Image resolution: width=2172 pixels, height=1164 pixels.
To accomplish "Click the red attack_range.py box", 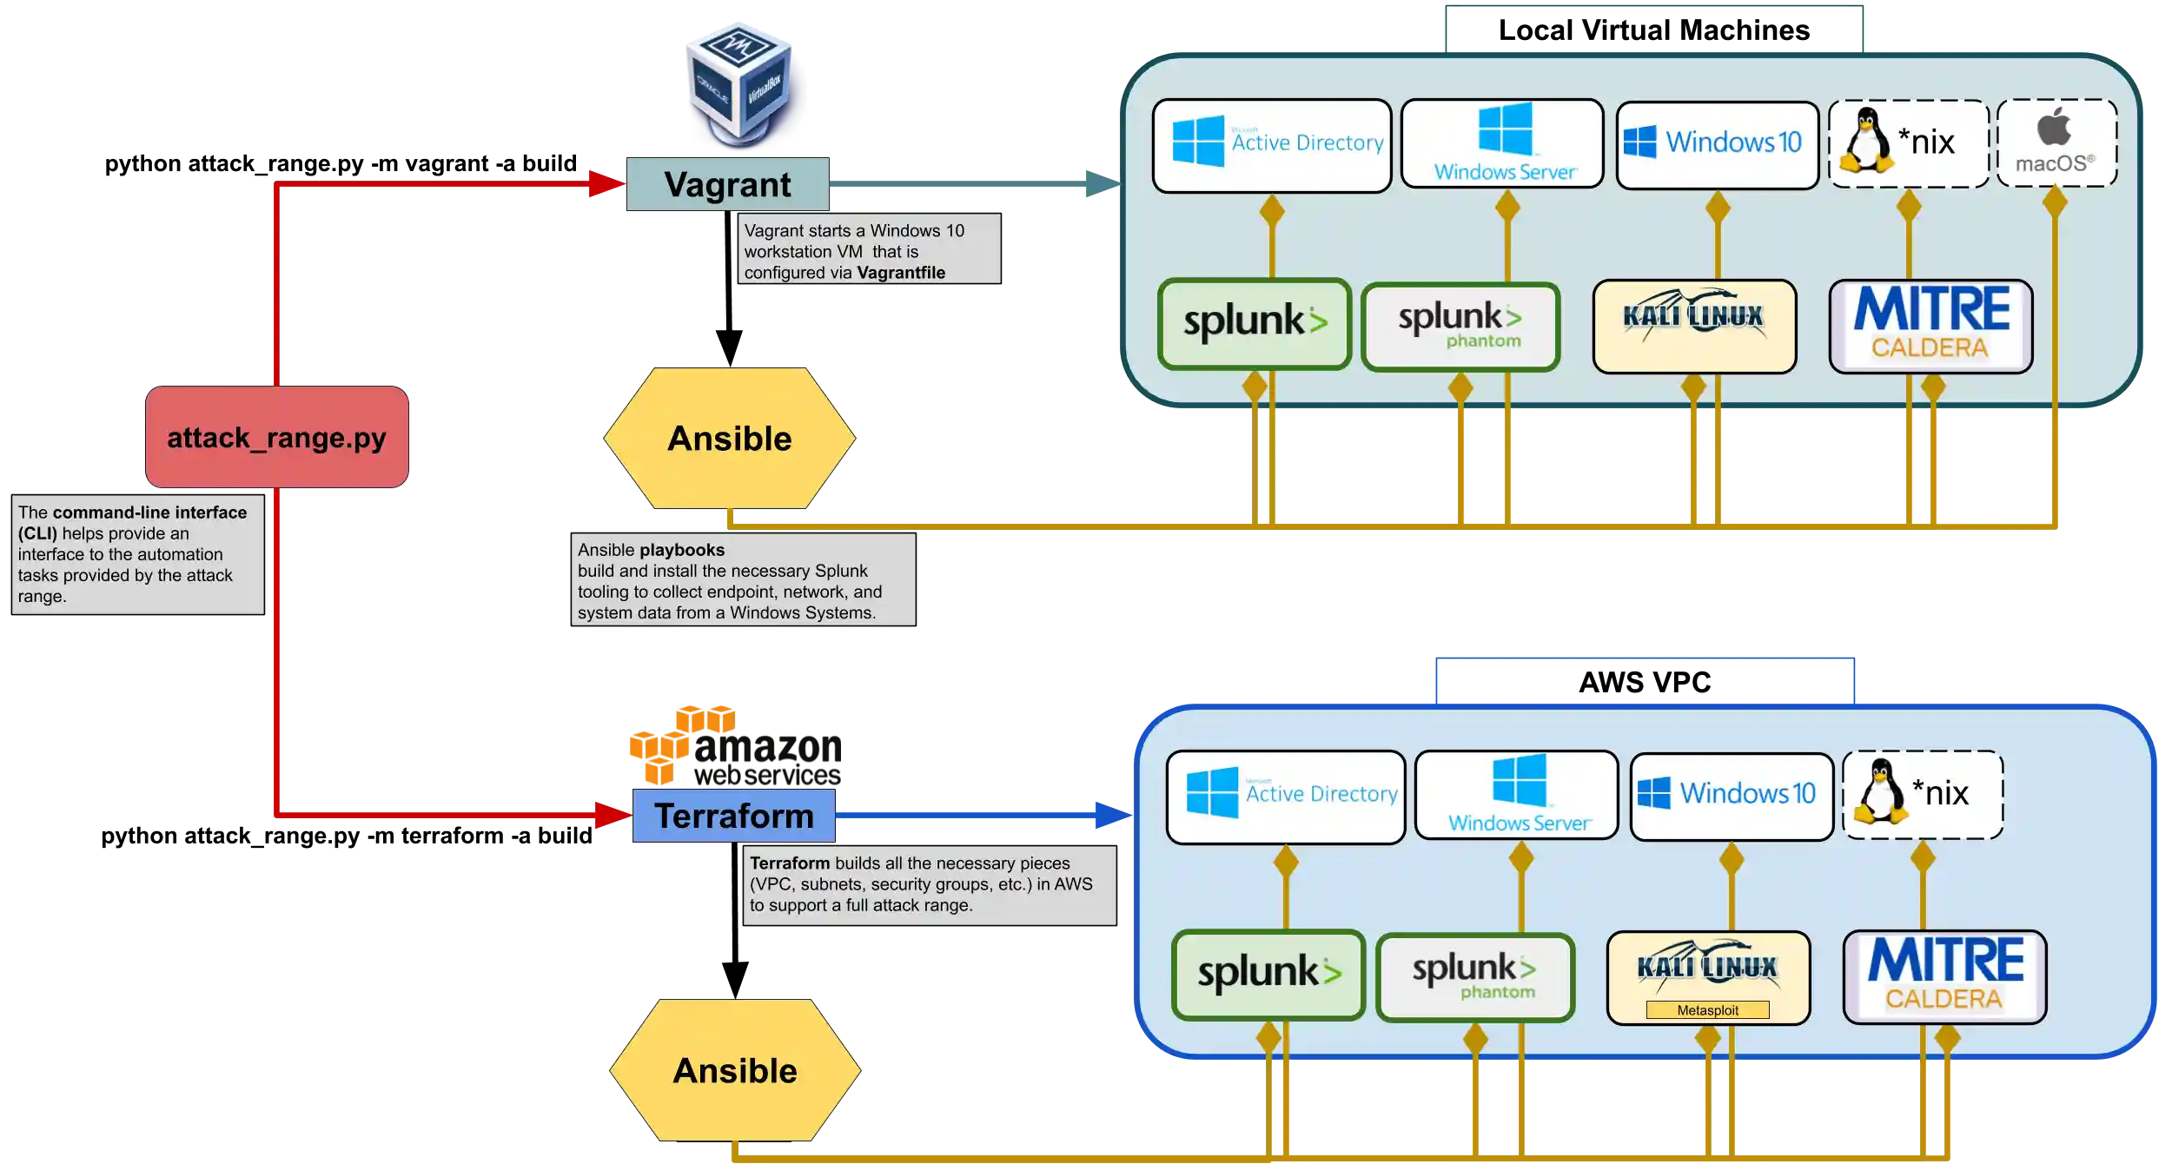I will [277, 437].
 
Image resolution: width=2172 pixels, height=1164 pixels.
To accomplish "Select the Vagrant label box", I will [728, 184].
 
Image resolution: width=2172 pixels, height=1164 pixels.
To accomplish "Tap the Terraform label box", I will [734, 816].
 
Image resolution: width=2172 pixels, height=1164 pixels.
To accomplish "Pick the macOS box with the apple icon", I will [2056, 143].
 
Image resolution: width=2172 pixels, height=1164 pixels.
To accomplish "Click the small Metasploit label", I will [1707, 1010].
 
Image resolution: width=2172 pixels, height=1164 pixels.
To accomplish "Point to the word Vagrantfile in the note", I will [901, 273].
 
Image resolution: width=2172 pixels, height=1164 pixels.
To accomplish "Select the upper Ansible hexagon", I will [730, 439].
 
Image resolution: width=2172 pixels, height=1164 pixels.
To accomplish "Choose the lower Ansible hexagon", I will [735, 1070].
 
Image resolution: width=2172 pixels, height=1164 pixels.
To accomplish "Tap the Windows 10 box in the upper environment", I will [1718, 144].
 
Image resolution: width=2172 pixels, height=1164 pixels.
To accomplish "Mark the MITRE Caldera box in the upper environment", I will [1930, 327].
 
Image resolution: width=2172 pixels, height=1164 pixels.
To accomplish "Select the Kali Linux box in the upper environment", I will [1694, 327].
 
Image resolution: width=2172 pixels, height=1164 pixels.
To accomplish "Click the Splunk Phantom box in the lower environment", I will [1475, 977].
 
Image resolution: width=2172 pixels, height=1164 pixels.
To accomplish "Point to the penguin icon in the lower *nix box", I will [1879, 791].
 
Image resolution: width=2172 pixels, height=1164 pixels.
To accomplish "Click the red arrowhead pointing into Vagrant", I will [606, 184].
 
